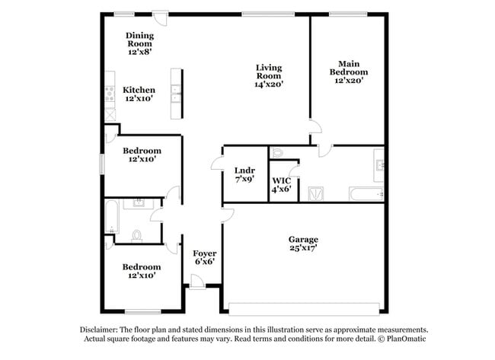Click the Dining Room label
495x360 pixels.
pos(139,40)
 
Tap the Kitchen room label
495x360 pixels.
pos(139,94)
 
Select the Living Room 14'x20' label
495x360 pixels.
pos(268,76)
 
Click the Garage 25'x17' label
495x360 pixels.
pos(303,243)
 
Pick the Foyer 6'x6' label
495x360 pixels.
pos(203,257)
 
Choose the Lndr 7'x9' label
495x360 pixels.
pos(244,175)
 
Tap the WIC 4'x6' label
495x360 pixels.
pos(282,184)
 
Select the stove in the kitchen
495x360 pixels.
pos(110,95)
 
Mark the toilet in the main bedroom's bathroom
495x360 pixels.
pos(277,152)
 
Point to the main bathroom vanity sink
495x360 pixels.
pos(378,161)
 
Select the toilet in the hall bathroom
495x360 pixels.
pos(138,235)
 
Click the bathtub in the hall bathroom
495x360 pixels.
pos(111,216)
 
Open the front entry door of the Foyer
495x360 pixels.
pos(197,285)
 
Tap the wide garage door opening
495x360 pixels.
pos(303,309)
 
